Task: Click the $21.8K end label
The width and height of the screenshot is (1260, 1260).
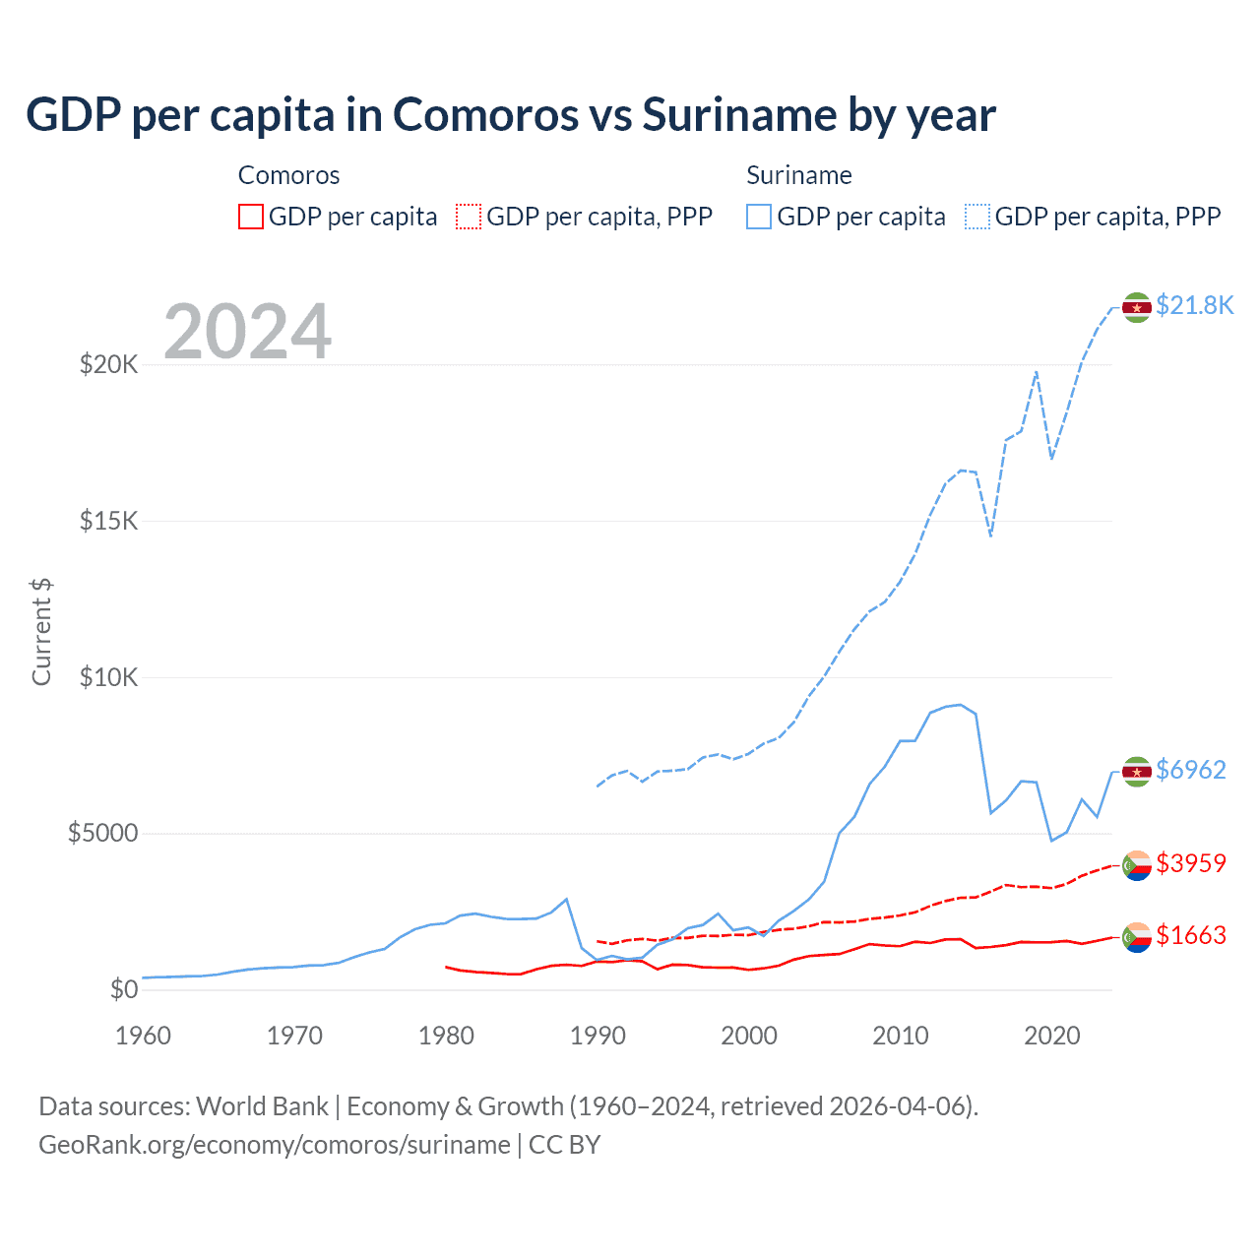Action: [1194, 305]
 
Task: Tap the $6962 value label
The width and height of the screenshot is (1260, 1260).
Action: [1190, 770]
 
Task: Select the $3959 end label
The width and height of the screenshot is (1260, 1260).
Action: [1190, 863]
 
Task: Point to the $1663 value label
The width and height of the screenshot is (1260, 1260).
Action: [1190, 935]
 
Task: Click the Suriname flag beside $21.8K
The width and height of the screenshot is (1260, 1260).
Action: [1137, 308]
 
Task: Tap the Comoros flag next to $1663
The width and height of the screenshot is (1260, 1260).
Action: [1137, 937]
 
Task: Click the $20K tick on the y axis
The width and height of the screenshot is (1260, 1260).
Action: [109, 365]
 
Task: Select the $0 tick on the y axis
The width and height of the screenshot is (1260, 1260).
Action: [123, 990]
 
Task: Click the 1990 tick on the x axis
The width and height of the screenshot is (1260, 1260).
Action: [598, 1036]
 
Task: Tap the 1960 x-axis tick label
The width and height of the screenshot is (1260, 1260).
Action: [144, 1036]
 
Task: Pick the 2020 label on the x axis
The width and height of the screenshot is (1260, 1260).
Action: [1052, 1036]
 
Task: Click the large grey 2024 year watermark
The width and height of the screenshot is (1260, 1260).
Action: [248, 332]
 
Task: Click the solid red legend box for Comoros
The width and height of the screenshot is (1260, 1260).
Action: [251, 217]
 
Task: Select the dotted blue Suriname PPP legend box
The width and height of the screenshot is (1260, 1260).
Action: [977, 217]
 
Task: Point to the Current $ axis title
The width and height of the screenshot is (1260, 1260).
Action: [41, 632]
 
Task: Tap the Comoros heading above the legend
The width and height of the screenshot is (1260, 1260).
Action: [288, 175]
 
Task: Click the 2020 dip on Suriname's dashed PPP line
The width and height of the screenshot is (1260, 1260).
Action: [1052, 458]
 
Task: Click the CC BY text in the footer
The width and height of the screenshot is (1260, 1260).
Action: [564, 1145]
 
